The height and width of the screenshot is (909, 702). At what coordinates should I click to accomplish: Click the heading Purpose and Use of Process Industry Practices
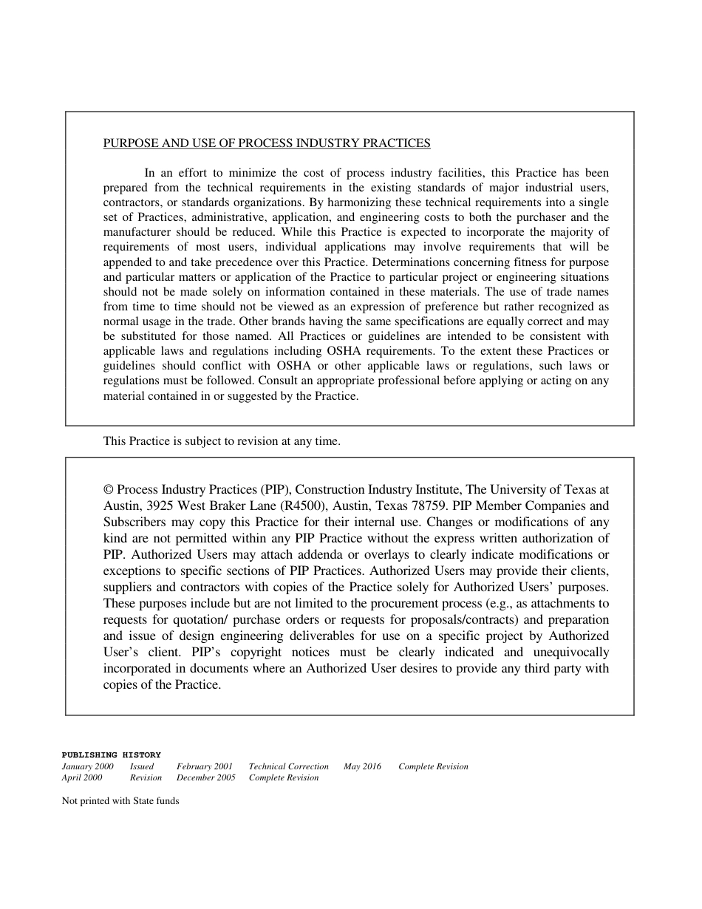pyautogui.click(x=267, y=143)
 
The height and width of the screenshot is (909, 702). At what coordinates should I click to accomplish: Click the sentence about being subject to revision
pyautogui.click(x=222, y=441)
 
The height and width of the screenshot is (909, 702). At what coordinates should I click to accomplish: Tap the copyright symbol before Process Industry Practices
pyautogui.click(x=109, y=490)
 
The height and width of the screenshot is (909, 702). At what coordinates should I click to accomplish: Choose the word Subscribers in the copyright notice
pyautogui.click(x=134, y=522)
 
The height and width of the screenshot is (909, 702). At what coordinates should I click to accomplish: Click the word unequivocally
pyautogui.click(x=566, y=653)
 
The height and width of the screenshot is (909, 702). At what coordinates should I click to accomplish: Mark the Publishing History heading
pyautogui.click(x=111, y=755)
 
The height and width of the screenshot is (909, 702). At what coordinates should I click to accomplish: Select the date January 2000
pyautogui.click(x=87, y=766)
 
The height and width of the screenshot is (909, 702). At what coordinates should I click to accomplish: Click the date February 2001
pyautogui.click(x=205, y=766)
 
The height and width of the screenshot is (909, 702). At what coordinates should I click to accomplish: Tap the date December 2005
pyautogui.click(x=206, y=777)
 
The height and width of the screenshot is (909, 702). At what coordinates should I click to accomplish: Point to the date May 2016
pyautogui.click(x=362, y=766)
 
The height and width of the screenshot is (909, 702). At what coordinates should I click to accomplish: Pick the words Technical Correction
pyautogui.click(x=289, y=766)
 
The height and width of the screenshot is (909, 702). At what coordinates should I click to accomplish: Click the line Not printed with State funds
pyautogui.click(x=120, y=800)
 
